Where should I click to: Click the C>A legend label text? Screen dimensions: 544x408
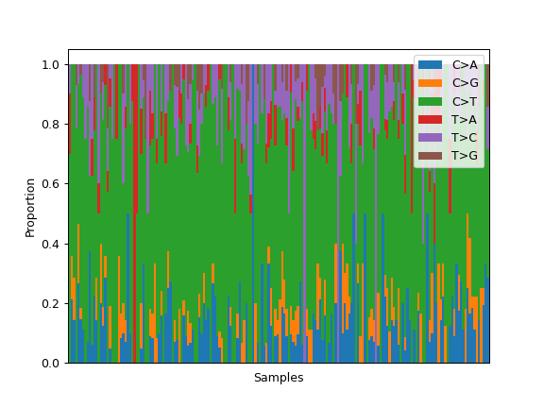[465, 65]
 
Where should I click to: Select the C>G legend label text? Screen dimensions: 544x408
[466, 83]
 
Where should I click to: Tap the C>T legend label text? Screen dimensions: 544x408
[465, 102]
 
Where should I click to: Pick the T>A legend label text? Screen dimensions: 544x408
[465, 120]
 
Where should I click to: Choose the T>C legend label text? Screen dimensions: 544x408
[465, 138]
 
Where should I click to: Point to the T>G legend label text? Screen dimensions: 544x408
[465, 156]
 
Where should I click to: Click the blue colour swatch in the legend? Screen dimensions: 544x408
[431, 65]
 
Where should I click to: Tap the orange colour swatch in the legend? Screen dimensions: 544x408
[431, 83]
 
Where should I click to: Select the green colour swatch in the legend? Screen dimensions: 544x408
[431, 101]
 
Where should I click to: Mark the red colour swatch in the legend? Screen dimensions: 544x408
[431, 119]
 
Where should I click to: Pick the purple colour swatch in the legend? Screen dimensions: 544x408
[431, 137]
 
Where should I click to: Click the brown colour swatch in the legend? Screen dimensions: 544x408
[431, 156]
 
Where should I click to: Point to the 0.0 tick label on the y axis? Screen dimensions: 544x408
[51, 364]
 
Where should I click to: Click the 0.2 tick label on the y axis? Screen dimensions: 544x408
[51, 303]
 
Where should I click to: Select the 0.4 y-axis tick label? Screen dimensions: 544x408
[51, 244]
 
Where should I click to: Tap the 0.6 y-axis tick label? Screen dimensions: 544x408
[51, 184]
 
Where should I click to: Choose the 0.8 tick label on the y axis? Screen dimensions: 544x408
[51, 125]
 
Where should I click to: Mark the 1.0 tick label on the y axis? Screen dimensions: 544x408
[51, 65]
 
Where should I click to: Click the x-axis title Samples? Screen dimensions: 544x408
[279, 378]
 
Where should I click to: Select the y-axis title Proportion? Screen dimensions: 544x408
[30, 208]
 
